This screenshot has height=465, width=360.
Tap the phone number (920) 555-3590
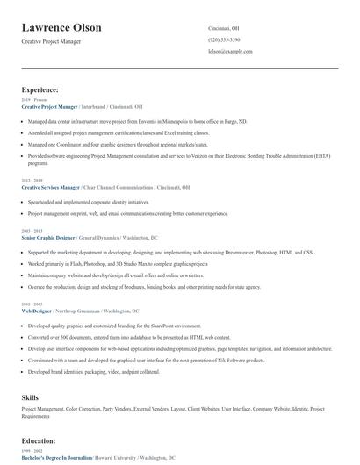tap(223, 40)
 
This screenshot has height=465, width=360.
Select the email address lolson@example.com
tap(231, 53)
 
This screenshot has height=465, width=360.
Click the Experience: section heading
tap(40, 89)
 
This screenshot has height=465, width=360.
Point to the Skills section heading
tap(31, 397)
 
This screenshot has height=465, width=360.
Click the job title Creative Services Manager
tap(50, 187)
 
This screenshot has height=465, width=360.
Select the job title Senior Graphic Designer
tap(48, 238)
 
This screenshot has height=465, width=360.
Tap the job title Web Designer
tap(37, 311)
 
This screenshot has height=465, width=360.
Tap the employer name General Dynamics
tap(103, 238)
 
